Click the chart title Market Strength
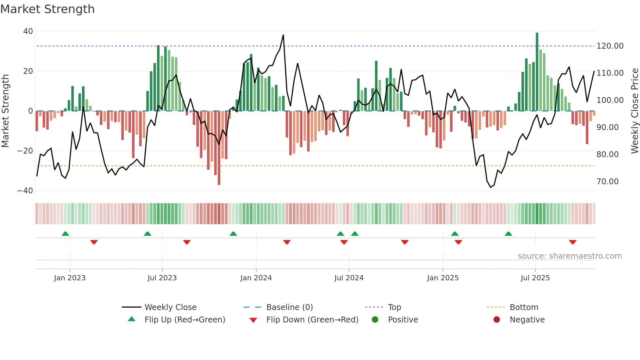tap(47, 9)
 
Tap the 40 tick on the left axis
tap(28, 31)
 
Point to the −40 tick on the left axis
tap(25, 191)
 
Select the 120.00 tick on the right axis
tap(610, 46)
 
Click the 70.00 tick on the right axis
tap(607, 182)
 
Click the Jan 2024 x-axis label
tap(256, 278)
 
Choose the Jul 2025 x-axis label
tap(535, 278)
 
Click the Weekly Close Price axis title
tap(634, 111)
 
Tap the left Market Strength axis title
tap(6, 111)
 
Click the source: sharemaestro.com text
tap(569, 256)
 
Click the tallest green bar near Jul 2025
tap(537, 72)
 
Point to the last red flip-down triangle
tap(572, 242)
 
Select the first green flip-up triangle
tap(65, 234)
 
